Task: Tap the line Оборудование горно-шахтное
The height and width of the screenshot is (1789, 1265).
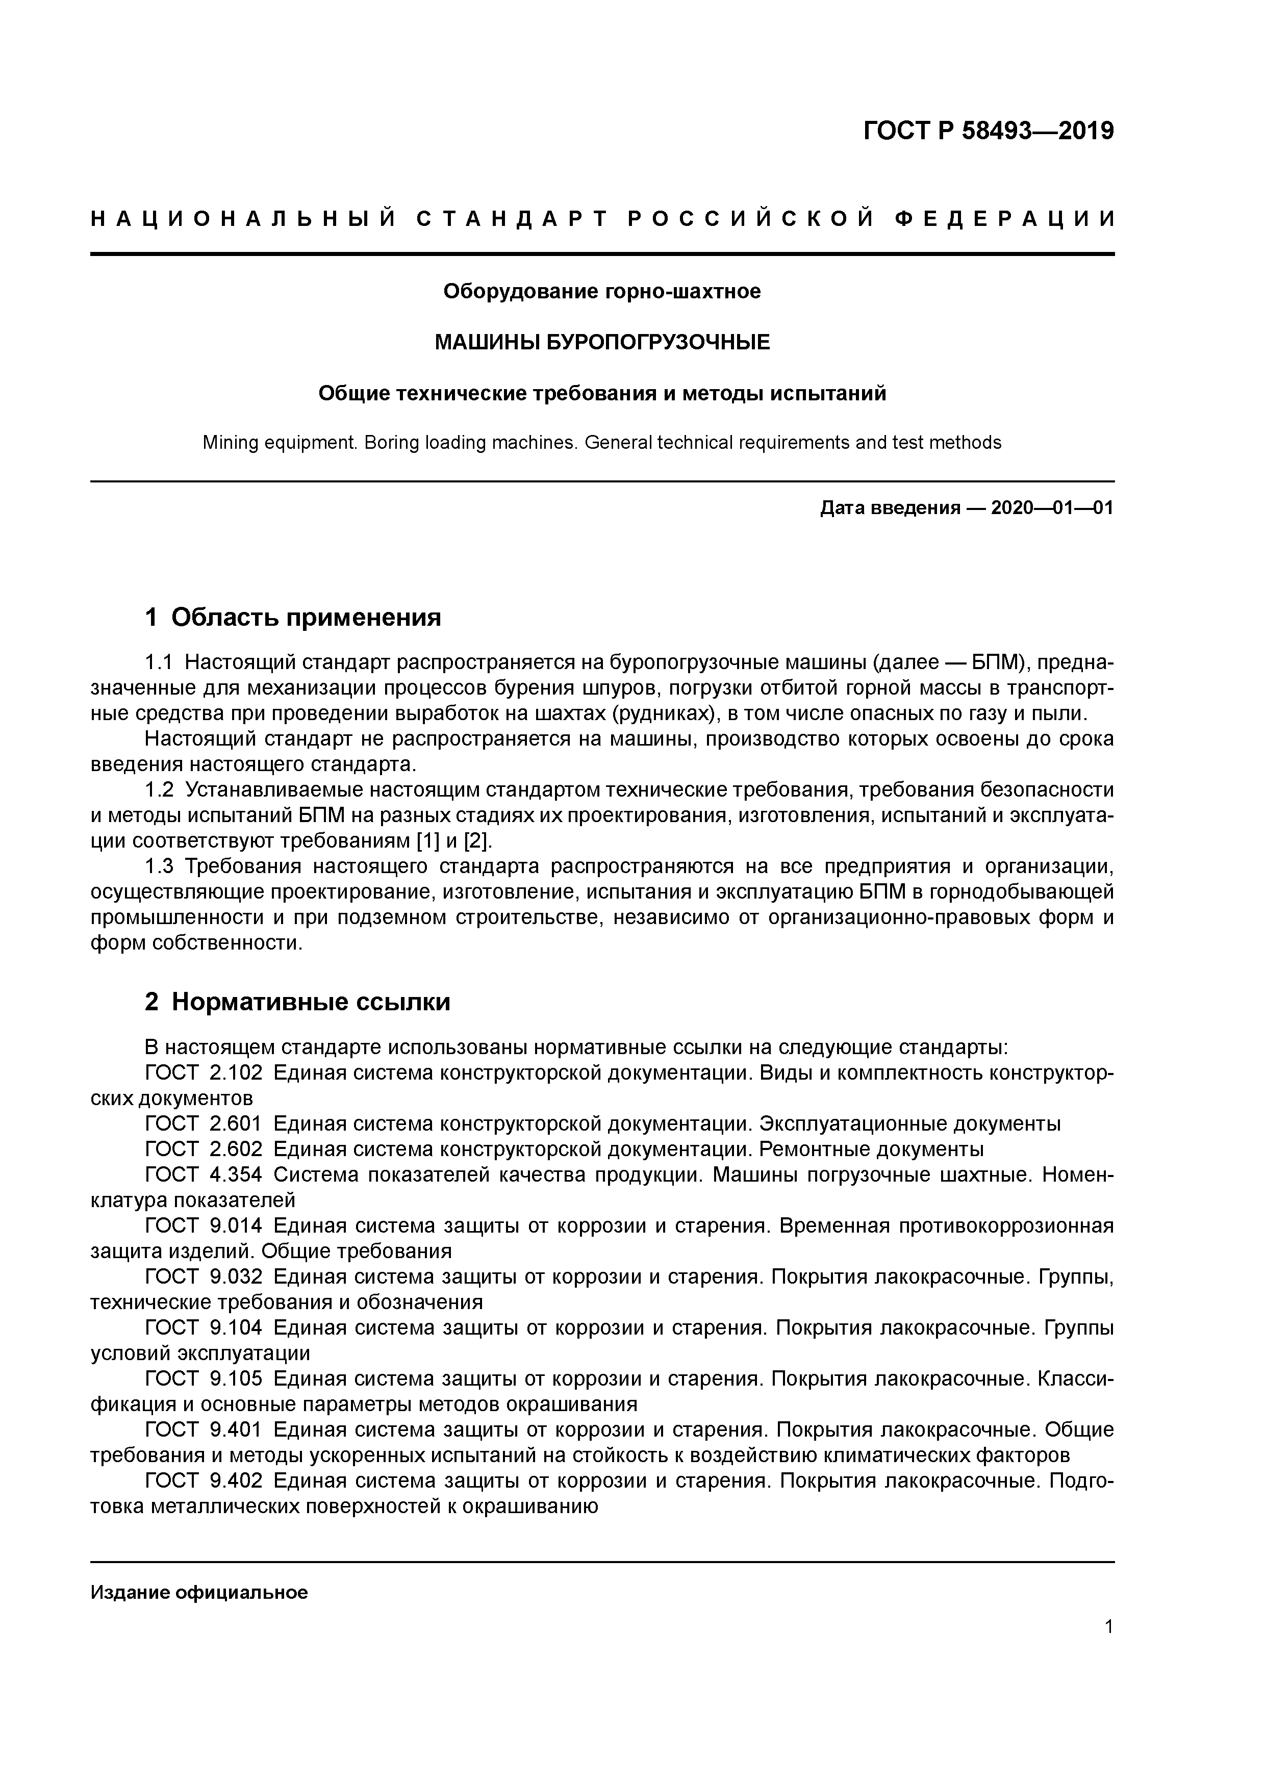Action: click(602, 291)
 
